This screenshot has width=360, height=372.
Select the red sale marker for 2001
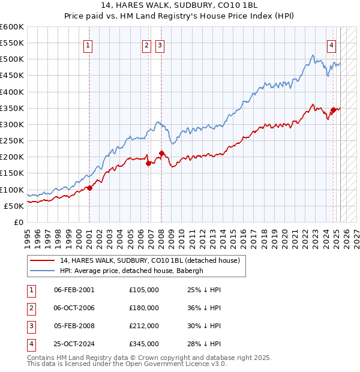pyautogui.click(x=89, y=188)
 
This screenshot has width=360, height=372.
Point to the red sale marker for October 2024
pyautogui.click(x=333, y=110)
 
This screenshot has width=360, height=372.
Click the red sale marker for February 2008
pyautogui.click(x=161, y=153)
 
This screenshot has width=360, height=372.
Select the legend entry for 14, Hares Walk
pyautogui.click(x=149, y=260)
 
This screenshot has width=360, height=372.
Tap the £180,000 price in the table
pyautogui.click(x=143, y=308)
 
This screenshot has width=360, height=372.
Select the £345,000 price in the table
pyautogui.click(x=143, y=344)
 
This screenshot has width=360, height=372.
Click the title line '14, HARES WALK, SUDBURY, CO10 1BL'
pyautogui.click(x=181, y=5)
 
